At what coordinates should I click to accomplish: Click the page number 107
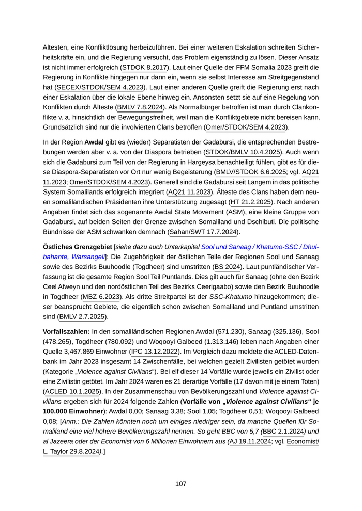[x=180, y=484]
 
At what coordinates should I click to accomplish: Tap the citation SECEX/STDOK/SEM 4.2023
[x=101, y=87]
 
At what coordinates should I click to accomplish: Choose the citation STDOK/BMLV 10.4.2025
[x=243, y=152]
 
